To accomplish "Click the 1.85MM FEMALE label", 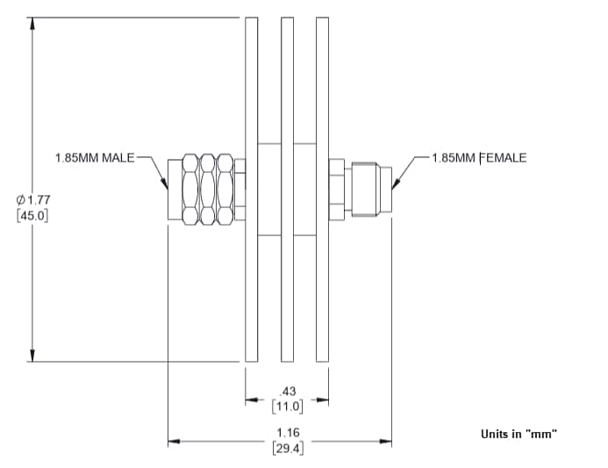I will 479,158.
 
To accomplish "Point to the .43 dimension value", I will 287,392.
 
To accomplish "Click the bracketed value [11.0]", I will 287,406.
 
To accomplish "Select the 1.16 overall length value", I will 287,433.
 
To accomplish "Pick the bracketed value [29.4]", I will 287,448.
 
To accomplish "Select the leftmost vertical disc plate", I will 251,189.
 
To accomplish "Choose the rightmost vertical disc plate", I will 323,189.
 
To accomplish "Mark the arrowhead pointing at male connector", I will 165,184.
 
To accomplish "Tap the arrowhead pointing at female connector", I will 396,184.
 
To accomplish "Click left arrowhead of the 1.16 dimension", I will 174,441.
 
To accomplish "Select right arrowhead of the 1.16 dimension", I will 386,441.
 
